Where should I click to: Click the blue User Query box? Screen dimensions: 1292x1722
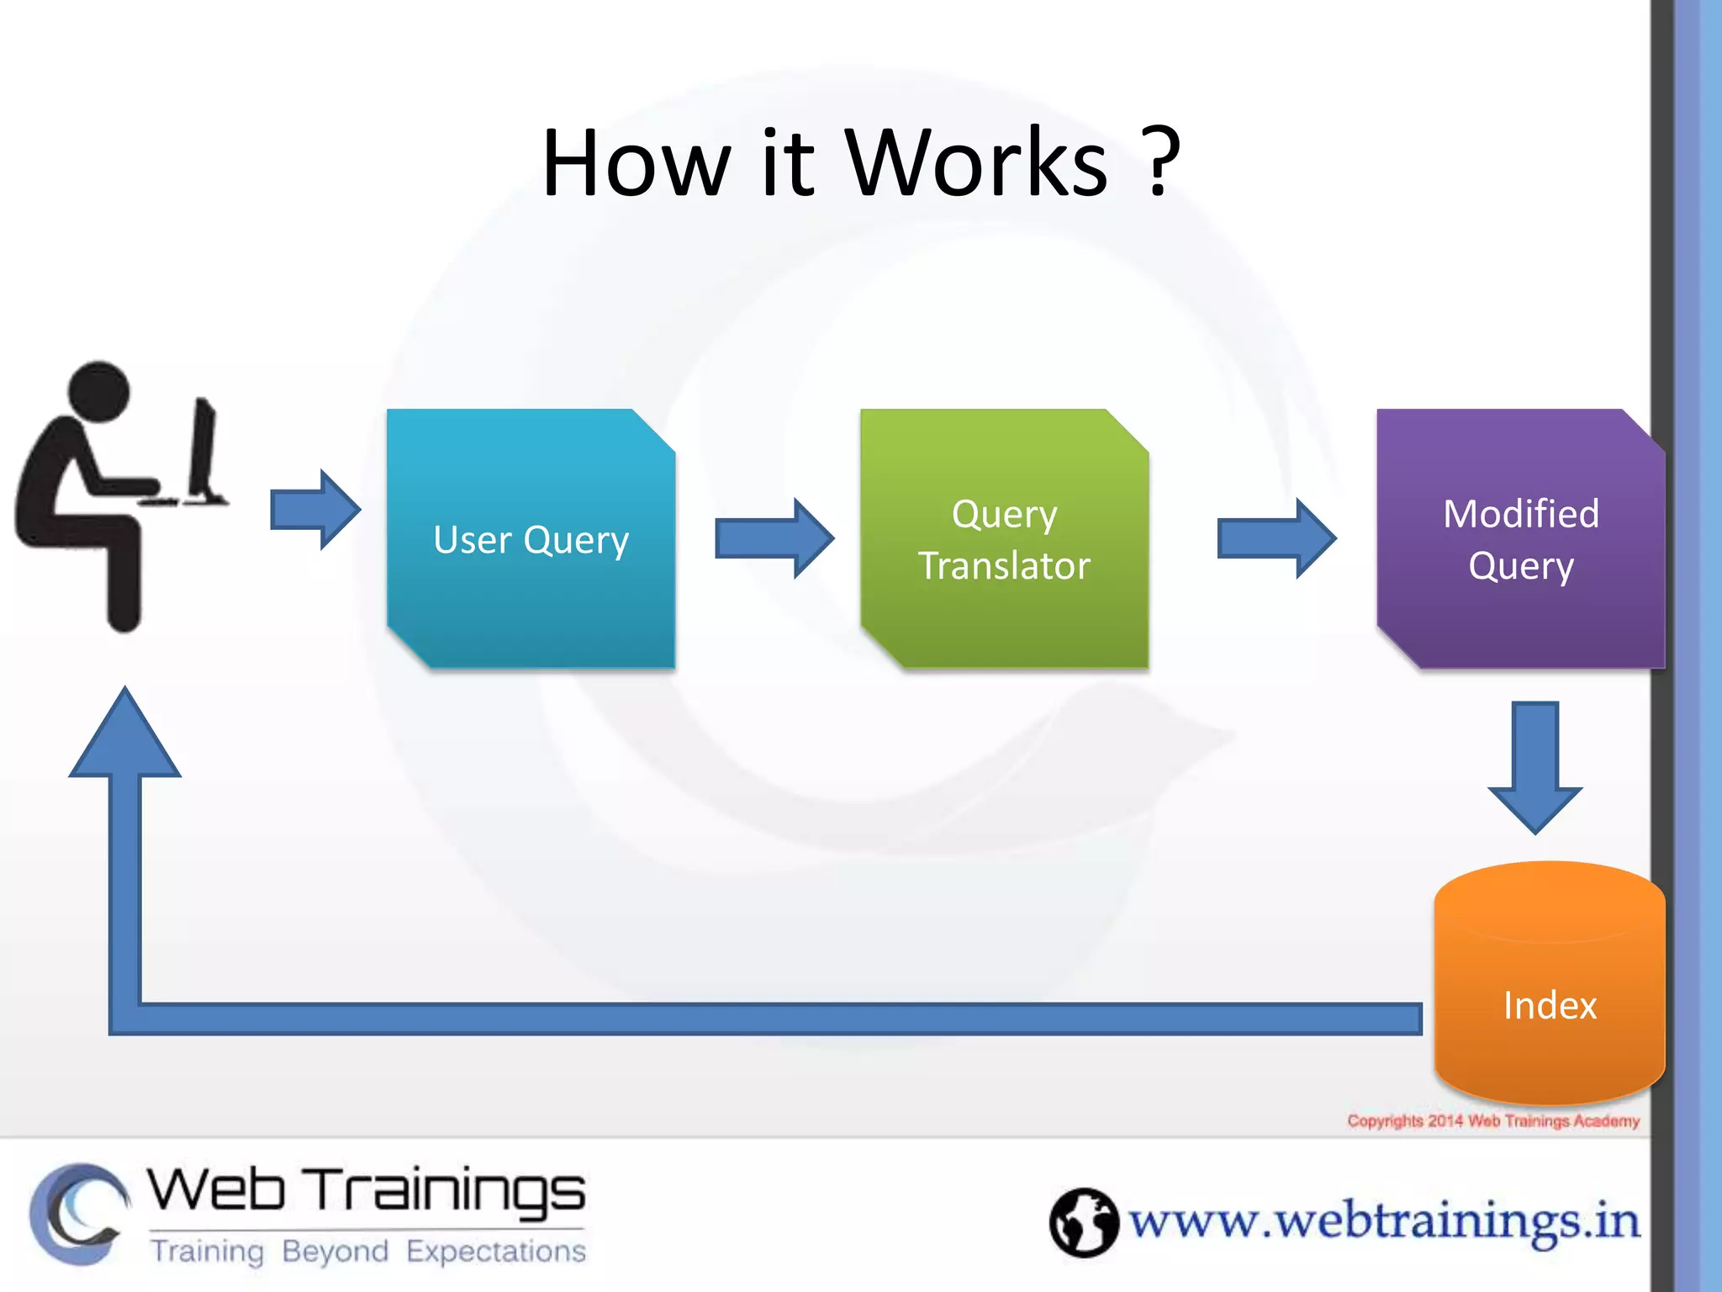531,538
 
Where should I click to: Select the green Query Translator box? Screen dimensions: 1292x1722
1004,538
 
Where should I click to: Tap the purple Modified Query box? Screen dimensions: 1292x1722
1520,538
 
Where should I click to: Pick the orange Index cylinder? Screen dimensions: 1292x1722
1549,984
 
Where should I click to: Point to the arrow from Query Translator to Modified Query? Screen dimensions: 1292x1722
1276,538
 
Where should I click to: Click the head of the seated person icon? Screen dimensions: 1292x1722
99,391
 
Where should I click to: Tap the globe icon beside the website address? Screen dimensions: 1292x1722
1083,1222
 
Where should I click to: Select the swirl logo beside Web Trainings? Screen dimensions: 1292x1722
78,1214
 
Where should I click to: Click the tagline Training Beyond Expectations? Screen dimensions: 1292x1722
367,1252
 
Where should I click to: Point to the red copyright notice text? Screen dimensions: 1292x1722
1492,1121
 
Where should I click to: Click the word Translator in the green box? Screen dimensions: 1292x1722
1004,565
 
